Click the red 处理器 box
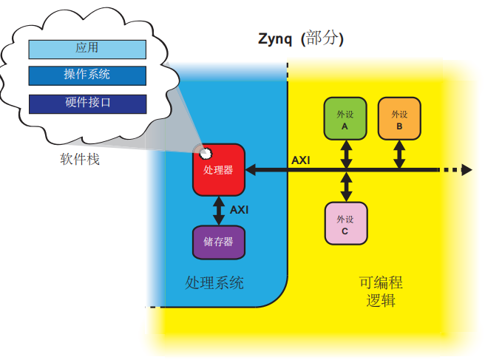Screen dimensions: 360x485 [218, 169]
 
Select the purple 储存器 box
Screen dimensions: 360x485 [218, 242]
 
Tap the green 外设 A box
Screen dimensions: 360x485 [345, 119]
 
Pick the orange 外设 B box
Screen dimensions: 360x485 [399, 119]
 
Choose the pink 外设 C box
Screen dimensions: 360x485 [345, 223]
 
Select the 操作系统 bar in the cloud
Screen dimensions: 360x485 [87, 75]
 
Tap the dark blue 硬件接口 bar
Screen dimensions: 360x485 [87, 103]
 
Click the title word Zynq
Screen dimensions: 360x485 [275, 38]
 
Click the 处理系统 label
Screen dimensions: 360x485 [214, 283]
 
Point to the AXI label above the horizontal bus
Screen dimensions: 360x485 [301, 160]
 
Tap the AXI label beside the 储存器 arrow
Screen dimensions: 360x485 [239, 210]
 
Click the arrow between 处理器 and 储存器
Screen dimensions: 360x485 [218, 210]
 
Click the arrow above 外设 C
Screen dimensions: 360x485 [345, 187]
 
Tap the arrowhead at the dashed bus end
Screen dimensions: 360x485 [466, 170]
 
